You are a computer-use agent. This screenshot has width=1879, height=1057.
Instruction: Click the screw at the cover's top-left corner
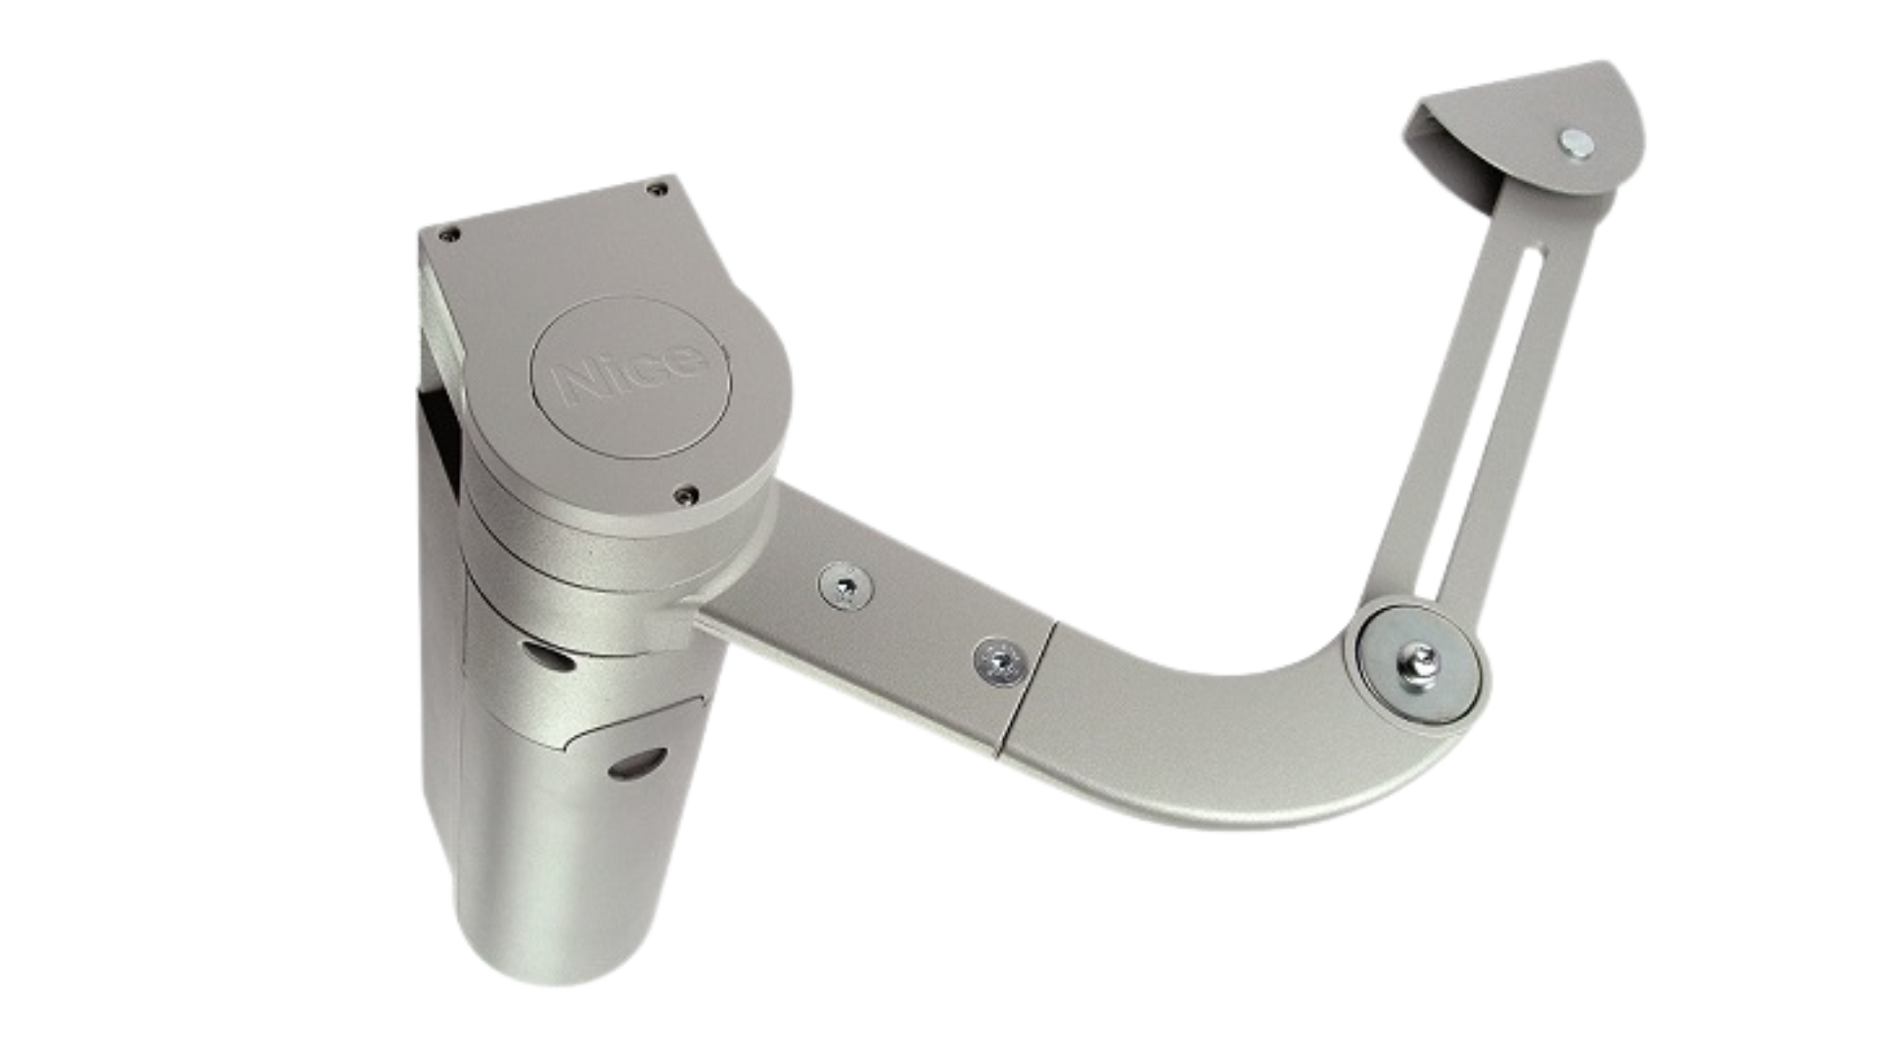pos(449,235)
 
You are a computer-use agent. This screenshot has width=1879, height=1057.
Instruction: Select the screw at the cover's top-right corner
pos(659,189)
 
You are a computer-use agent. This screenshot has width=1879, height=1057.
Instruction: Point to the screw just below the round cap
pos(688,495)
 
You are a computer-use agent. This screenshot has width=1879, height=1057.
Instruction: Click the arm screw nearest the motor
pos(846,587)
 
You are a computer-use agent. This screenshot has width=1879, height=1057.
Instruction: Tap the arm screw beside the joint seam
pos(1000,661)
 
